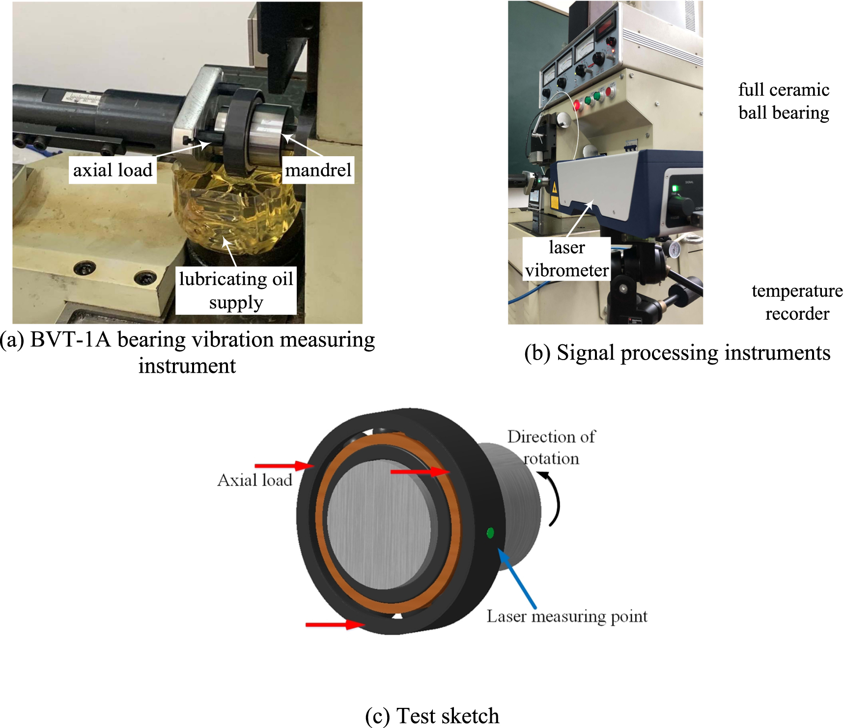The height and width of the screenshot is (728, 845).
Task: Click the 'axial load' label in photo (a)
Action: click(x=113, y=170)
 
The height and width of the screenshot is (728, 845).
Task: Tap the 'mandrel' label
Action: click(x=318, y=170)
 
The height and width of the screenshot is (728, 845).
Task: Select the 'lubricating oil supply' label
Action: click(x=236, y=290)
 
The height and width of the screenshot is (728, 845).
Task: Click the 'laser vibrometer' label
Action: click(x=566, y=258)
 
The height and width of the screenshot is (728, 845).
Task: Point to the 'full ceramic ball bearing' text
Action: click(x=784, y=101)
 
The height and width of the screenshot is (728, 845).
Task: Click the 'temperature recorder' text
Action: click(x=797, y=302)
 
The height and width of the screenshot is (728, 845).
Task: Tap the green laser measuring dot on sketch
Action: click(x=490, y=533)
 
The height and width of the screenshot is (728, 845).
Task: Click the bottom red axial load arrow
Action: click(x=334, y=624)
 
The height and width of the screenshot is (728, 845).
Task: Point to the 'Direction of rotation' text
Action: click(x=551, y=447)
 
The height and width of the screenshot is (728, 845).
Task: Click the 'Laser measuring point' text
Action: click(x=566, y=616)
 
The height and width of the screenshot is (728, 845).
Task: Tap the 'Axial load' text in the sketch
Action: click(x=254, y=480)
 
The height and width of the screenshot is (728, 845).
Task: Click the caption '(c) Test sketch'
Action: click(x=432, y=716)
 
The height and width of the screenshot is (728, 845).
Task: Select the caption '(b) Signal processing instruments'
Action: click(x=677, y=353)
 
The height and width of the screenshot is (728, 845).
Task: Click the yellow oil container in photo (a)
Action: click(x=236, y=211)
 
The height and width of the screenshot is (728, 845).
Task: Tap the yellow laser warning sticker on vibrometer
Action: click(x=555, y=188)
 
